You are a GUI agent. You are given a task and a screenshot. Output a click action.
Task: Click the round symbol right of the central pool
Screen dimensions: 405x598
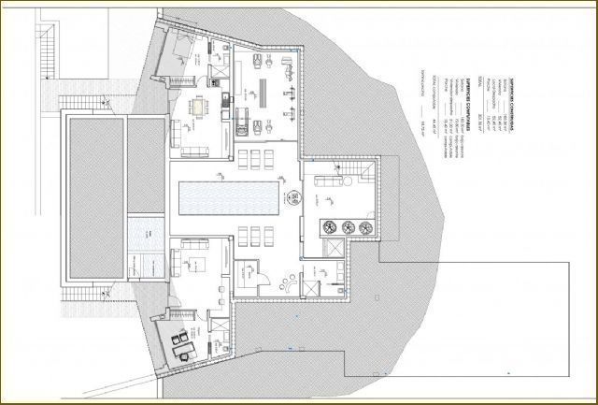point(292,196)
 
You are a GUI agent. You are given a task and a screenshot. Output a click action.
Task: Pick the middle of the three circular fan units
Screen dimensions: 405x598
point(348,225)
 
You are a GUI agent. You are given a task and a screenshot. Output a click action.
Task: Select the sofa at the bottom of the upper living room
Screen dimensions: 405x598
point(192,150)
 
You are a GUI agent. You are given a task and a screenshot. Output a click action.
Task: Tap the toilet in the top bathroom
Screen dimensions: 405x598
point(216,65)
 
